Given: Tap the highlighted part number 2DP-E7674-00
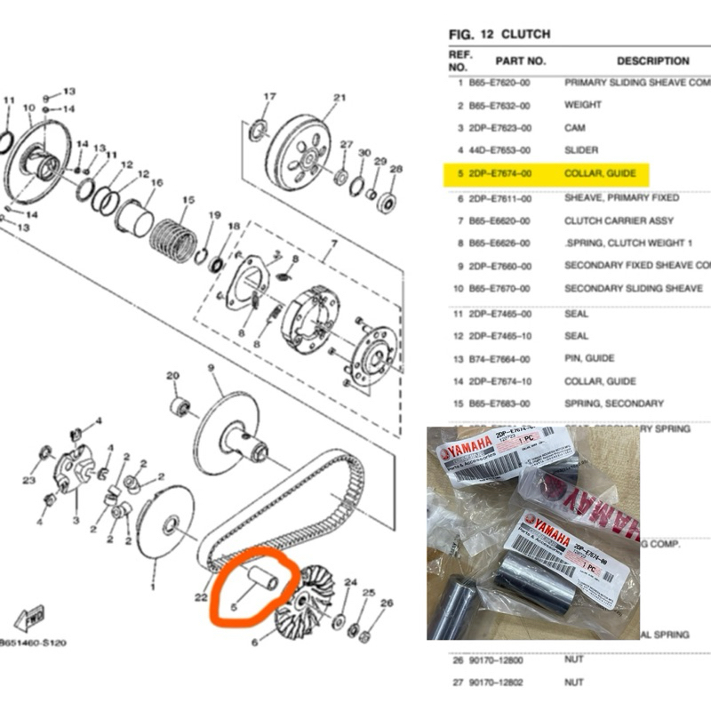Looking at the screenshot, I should [x=499, y=174].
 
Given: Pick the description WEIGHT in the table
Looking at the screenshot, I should [x=583, y=105].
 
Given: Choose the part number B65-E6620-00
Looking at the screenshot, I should [x=499, y=220].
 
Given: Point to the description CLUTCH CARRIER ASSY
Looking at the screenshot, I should [x=619, y=220].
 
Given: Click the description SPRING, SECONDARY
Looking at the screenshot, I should [x=613, y=403].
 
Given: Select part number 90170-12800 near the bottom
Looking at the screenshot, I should [x=499, y=660].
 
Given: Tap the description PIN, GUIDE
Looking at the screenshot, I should [x=588, y=358].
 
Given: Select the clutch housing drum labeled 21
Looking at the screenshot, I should [x=298, y=151].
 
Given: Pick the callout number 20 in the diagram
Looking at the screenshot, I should [x=172, y=376].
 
